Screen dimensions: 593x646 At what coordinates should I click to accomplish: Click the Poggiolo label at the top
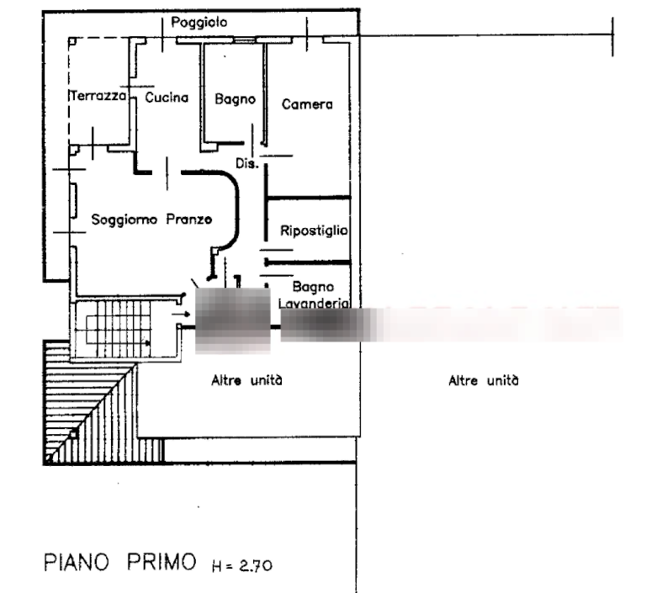point(199,22)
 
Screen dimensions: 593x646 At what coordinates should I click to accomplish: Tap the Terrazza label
point(98,98)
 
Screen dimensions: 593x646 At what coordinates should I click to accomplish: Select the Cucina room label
point(166,98)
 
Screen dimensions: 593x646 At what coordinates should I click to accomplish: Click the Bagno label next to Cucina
point(235,99)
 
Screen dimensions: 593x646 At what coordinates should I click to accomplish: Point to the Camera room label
point(307,105)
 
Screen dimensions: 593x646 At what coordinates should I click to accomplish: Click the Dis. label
point(246,164)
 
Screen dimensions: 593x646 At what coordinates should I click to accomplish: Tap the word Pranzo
point(188,220)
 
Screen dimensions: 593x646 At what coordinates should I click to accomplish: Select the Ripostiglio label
point(315,230)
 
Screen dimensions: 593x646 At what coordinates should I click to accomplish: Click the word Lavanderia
point(313,304)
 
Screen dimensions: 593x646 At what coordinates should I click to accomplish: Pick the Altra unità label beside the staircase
point(245,381)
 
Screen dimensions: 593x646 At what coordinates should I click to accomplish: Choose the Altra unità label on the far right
point(484,381)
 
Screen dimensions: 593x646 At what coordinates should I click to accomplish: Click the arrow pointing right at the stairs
point(180,315)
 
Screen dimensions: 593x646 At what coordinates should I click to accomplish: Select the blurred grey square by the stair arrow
point(232,320)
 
